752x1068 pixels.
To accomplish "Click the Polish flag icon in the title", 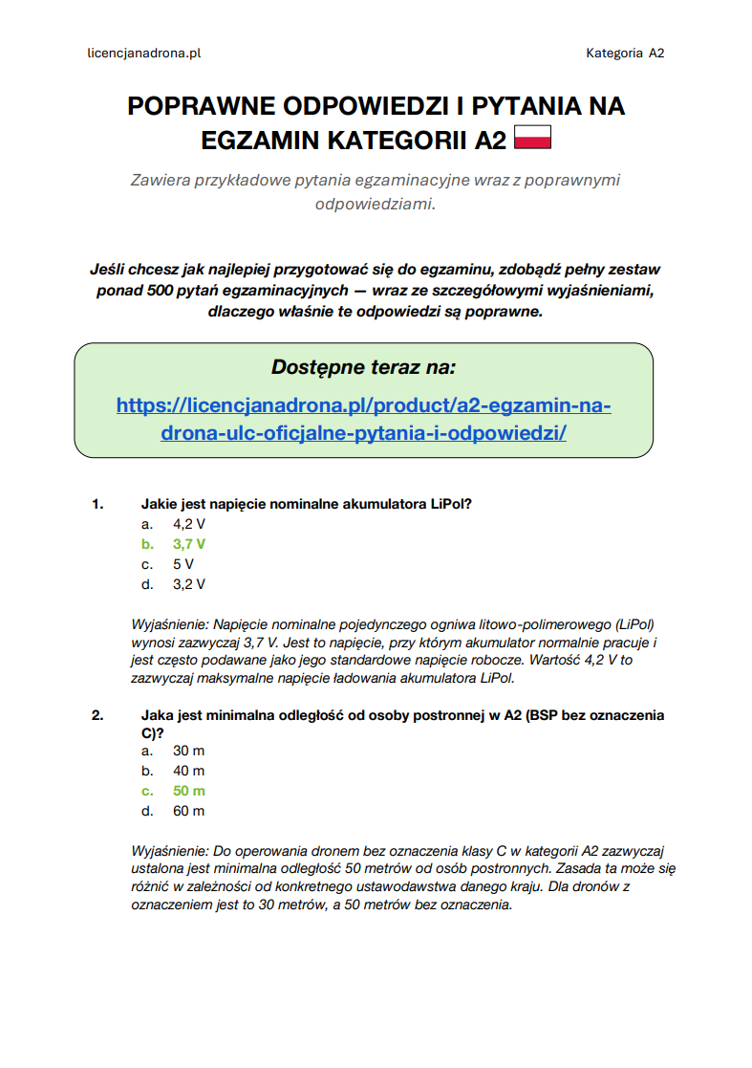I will (533, 139).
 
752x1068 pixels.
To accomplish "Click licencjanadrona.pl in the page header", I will (143, 54).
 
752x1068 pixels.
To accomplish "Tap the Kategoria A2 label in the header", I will (625, 54).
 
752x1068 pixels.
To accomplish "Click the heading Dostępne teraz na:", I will (363, 367).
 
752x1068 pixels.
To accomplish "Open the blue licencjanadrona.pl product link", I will (363, 419).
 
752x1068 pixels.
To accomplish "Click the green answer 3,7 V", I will (189, 544).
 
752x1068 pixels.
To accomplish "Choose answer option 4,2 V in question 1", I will (189, 524).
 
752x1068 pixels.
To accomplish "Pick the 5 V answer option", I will (183, 564).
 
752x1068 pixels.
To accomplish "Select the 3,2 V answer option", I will (189, 584).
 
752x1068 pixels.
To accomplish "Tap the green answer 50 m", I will (189, 791).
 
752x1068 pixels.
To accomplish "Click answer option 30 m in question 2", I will (189, 751).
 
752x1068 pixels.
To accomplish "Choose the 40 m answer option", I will (189, 771).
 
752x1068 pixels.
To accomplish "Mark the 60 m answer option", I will (189, 811).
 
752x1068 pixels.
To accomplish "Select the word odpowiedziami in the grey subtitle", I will (374, 204).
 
